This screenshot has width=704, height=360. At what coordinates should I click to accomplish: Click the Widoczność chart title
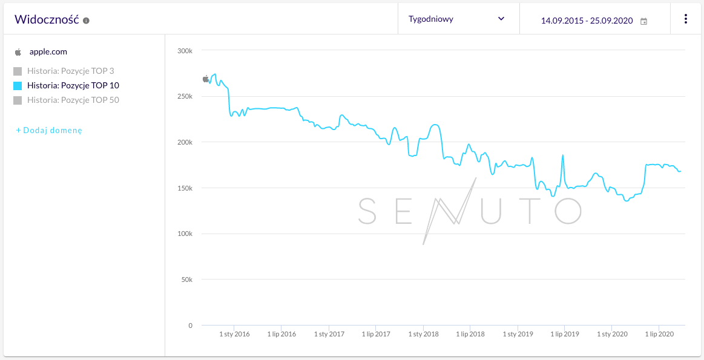coord(47,19)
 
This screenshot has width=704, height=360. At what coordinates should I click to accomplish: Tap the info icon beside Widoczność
coord(86,21)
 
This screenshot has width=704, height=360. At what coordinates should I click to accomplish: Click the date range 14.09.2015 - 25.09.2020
coord(587,21)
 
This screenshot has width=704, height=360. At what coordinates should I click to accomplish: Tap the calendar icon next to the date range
coord(643,21)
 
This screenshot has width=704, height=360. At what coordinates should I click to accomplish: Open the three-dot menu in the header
coord(685,19)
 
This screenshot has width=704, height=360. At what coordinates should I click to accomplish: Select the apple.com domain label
coord(48,51)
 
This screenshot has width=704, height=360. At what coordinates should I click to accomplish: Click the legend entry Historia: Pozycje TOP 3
coord(70,71)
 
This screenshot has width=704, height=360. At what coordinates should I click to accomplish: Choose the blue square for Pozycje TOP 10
coord(18,86)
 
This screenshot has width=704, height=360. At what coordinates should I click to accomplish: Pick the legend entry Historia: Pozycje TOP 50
coord(73,100)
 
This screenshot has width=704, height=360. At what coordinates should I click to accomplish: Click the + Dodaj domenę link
coord(49,130)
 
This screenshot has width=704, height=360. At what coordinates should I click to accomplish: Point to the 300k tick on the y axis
coord(185,51)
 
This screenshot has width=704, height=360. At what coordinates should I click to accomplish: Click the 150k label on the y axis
coord(185,188)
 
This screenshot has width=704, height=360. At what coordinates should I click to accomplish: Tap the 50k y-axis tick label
coord(186,280)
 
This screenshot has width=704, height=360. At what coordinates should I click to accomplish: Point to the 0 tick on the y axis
coord(189,326)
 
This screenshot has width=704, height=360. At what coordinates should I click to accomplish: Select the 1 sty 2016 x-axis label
coord(234,334)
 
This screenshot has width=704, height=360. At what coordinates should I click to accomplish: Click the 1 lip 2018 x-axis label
coord(470,334)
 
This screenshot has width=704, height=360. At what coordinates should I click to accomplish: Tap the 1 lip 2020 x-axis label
coord(659,334)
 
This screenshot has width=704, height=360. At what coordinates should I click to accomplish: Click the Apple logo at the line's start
coord(205,79)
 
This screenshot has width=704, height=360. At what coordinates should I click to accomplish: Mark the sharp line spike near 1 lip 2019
coord(563,155)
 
